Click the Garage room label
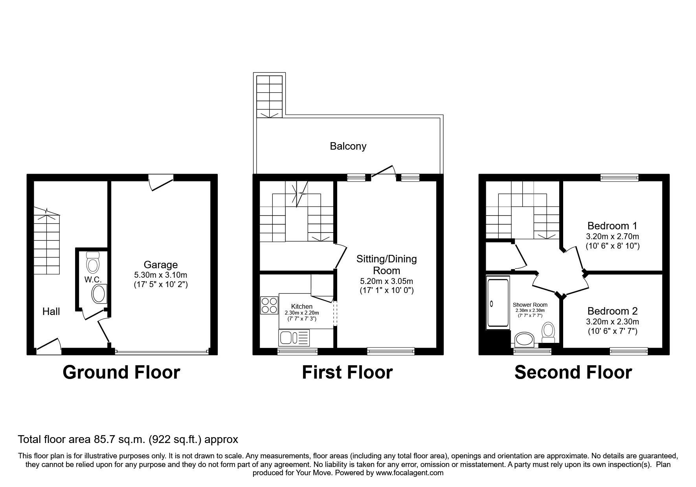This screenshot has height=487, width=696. [x=160, y=265]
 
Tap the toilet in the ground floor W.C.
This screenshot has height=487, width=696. [x=93, y=262]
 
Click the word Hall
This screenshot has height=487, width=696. [x=51, y=311]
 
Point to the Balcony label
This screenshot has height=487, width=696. [x=348, y=146]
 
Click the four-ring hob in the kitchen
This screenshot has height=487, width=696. [x=269, y=306]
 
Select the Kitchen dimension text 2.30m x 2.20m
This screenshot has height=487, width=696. [x=302, y=313]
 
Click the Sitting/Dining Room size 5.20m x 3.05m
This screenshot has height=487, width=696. [x=386, y=281]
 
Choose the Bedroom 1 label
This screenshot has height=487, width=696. [x=612, y=226]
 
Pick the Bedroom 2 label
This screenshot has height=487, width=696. [x=612, y=311]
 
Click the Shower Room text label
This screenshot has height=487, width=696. [x=530, y=305]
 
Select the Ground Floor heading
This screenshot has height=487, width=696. [x=121, y=372]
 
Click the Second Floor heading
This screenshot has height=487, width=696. [x=573, y=372]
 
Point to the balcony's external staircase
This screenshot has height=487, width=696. [x=269, y=96]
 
